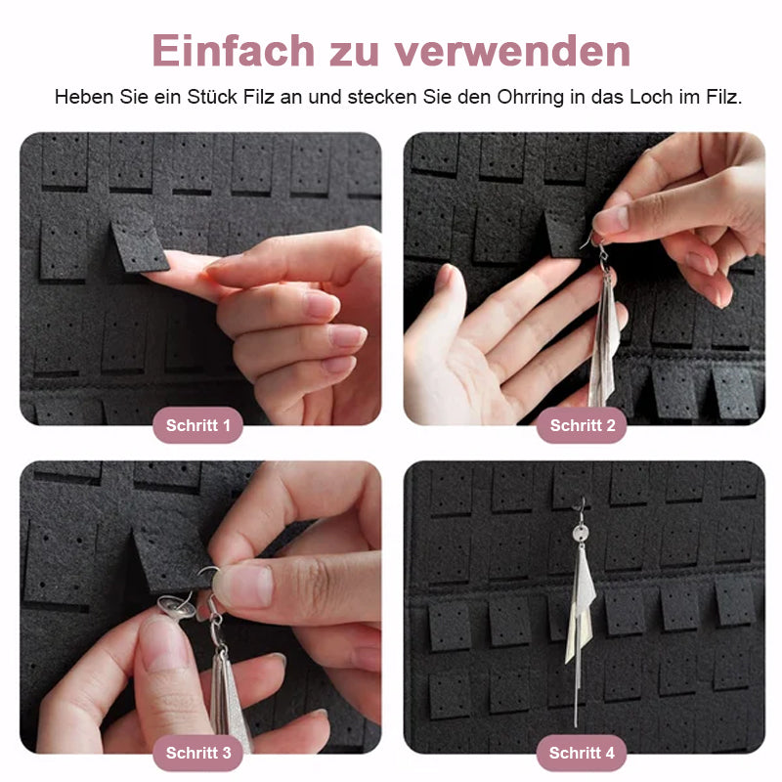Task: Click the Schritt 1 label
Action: pos(198,425)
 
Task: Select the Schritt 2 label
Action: pos(583,425)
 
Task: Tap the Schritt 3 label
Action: pos(198,753)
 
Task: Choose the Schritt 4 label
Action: pos(583,753)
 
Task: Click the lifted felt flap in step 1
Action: pos(138,244)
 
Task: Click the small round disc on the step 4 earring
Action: pos(580,535)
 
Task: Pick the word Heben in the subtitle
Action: pos(80,97)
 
